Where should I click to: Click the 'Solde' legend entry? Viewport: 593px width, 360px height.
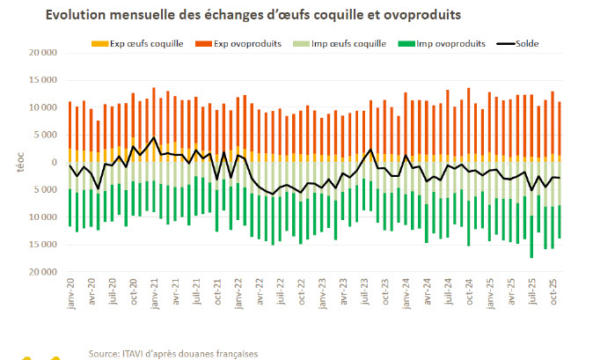click(520, 43)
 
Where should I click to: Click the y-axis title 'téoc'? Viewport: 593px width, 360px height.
click(19, 163)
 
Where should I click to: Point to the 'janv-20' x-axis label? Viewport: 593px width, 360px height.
click(70, 295)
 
